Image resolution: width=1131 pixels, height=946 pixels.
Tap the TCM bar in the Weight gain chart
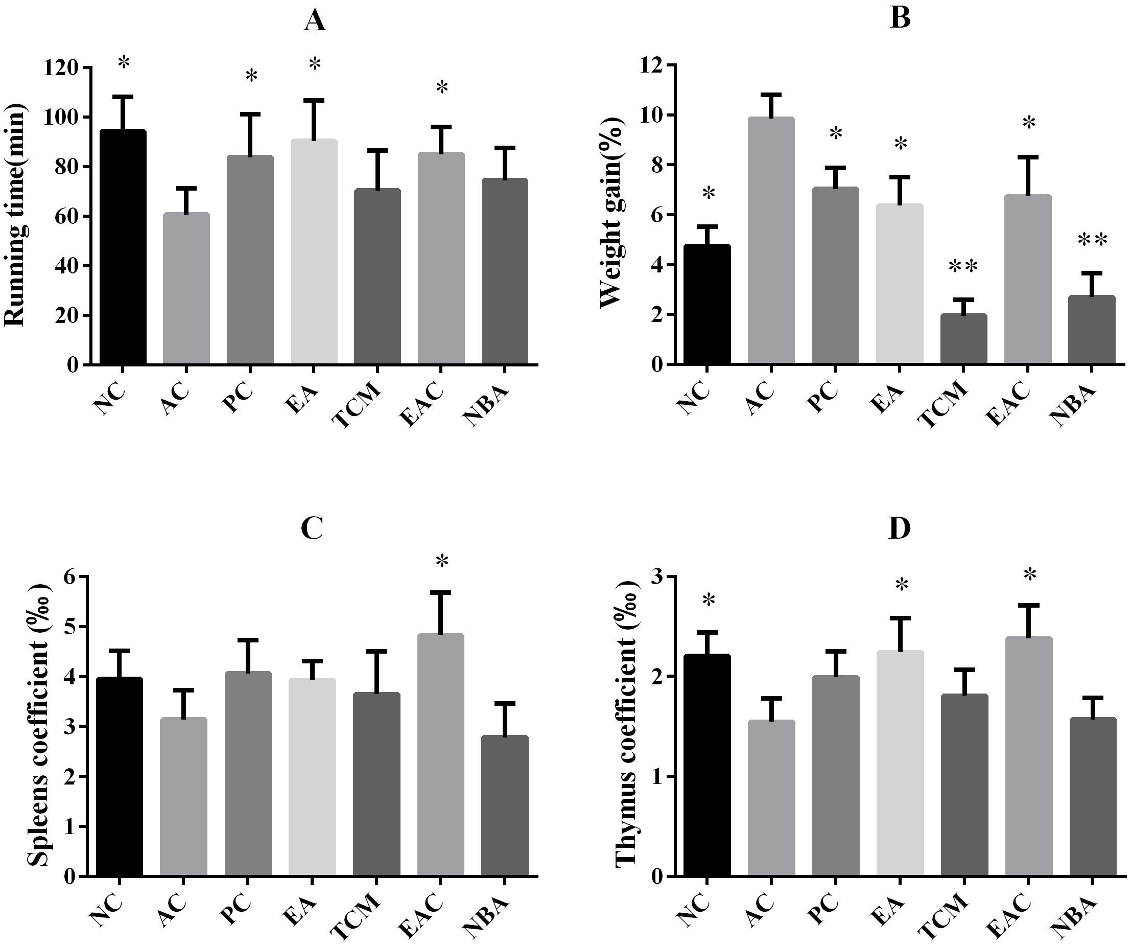[x=963, y=339]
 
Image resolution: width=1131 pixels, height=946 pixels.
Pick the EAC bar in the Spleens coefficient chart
[x=440, y=755]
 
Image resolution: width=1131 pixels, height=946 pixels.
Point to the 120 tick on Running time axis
[x=72, y=67]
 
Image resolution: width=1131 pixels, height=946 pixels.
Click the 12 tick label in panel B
[x=652, y=65]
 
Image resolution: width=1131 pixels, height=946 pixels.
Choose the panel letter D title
[x=900, y=529]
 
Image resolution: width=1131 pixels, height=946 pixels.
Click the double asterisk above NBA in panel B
[x=1092, y=240]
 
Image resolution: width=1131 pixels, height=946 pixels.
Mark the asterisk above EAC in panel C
[x=442, y=562]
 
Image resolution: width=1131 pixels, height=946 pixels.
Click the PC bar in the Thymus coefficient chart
[x=835, y=776]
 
